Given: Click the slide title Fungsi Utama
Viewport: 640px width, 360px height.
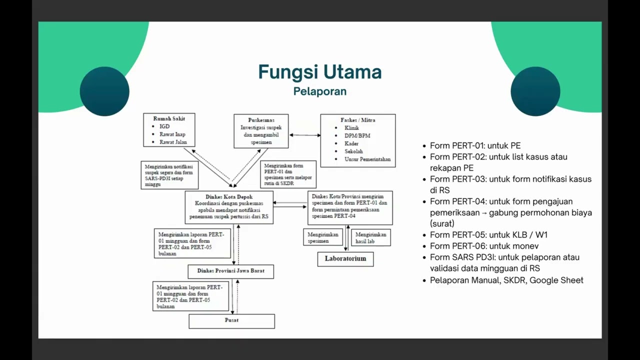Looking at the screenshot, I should pyautogui.click(x=319, y=72).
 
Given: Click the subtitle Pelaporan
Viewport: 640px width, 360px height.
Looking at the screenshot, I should pyautogui.click(x=319, y=91).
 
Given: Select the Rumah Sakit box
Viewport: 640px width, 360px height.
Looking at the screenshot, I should pyautogui.click(x=169, y=130).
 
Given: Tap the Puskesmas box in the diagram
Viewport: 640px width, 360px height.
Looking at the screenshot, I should pyautogui.click(x=261, y=131).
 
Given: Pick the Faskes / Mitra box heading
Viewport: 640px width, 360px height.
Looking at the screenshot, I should pyautogui.click(x=357, y=120).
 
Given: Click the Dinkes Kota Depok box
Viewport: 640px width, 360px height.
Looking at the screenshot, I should pyautogui.click(x=229, y=207).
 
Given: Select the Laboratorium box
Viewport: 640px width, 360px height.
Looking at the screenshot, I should pyautogui.click(x=345, y=259).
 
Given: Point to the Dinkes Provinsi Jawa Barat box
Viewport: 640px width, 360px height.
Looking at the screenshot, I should pyautogui.click(x=231, y=271).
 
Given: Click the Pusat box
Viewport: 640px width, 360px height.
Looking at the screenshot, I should pyautogui.click(x=231, y=320).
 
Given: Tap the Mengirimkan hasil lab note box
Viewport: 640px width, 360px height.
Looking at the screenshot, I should pyautogui.click(x=371, y=237).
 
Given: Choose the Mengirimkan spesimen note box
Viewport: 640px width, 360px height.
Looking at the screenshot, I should pyautogui.click(x=323, y=237).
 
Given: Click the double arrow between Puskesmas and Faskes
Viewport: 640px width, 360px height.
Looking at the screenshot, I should pyautogui.click(x=304, y=135).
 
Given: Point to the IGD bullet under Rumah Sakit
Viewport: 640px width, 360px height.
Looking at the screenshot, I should pyautogui.click(x=164, y=126).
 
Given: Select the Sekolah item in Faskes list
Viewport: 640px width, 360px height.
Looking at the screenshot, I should pyautogui.click(x=353, y=151).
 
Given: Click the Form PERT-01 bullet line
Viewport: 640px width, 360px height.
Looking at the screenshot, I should pyautogui.click(x=475, y=145).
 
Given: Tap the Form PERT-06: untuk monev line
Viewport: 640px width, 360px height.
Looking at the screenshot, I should pyautogui.click(x=484, y=246).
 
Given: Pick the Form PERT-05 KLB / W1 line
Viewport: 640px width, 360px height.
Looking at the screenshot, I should pyautogui.click(x=489, y=234).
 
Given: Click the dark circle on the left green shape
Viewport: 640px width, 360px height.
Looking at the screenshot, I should pyautogui.click(x=104, y=91).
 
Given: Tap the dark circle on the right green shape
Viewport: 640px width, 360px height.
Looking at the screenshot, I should pyautogui.click(x=535, y=91).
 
